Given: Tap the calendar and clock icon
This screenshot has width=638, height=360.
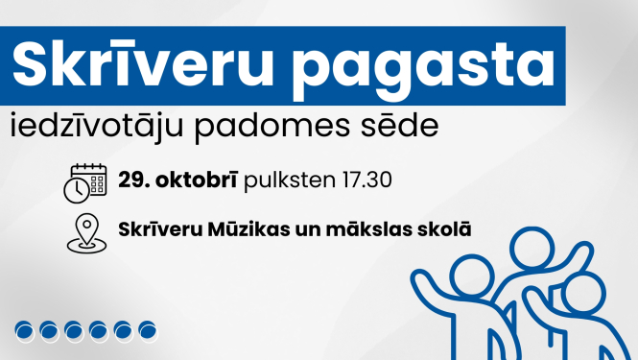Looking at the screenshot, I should [84, 182].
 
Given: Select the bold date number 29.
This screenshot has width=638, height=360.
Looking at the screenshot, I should [131, 180].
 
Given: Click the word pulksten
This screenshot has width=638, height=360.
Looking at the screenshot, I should [285, 180].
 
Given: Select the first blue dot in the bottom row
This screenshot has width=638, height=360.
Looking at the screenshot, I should [24, 331].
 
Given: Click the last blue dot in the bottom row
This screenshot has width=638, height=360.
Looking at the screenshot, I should [147, 331].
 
